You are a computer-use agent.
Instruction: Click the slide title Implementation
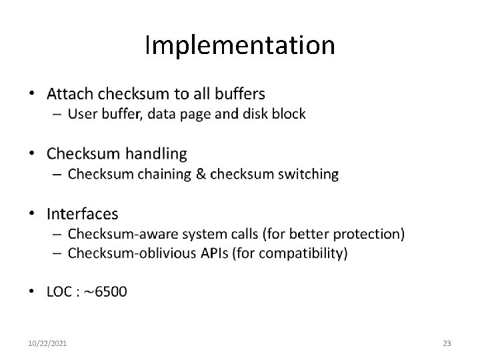(x=240, y=45)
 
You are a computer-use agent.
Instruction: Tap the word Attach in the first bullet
(x=71, y=93)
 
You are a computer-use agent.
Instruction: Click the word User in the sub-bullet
(x=83, y=114)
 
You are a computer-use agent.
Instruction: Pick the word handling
(x=155, y=154)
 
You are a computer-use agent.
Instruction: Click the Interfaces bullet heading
(x=82, y=214)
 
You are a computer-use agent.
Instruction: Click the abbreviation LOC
(x=60, y=291)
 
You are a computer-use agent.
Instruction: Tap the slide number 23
(x=447, y=343)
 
